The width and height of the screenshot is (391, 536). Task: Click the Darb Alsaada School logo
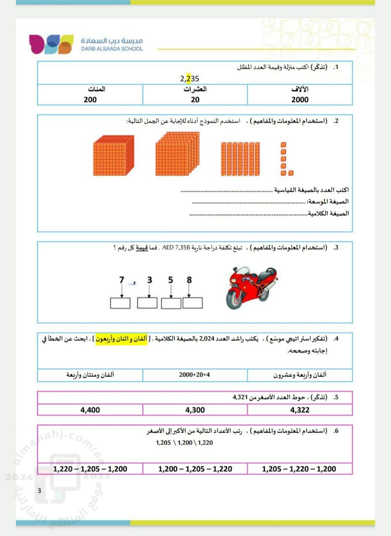click(51, 44)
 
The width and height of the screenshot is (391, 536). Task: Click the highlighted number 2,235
click(190, 78)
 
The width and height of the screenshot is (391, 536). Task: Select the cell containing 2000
click(300, 100)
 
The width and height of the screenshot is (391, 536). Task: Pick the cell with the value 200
click(90, 100)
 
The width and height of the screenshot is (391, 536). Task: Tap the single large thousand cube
click(113, 155)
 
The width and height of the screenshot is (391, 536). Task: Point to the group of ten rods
click(237, 159)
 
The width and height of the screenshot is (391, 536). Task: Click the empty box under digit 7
click(120, 303)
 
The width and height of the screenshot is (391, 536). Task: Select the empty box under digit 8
click(193, 303)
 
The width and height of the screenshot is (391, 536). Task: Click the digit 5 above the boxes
click(171, 280)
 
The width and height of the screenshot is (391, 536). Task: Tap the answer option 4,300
click(195, 410)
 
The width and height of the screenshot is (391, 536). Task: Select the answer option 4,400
click(90, 410)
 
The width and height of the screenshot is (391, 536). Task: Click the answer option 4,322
click(300, 410)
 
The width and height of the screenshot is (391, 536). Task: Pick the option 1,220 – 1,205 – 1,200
click(90, 469)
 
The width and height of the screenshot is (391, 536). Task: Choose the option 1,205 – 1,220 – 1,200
click(299, 469)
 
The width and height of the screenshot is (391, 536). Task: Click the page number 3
click(39, 491)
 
